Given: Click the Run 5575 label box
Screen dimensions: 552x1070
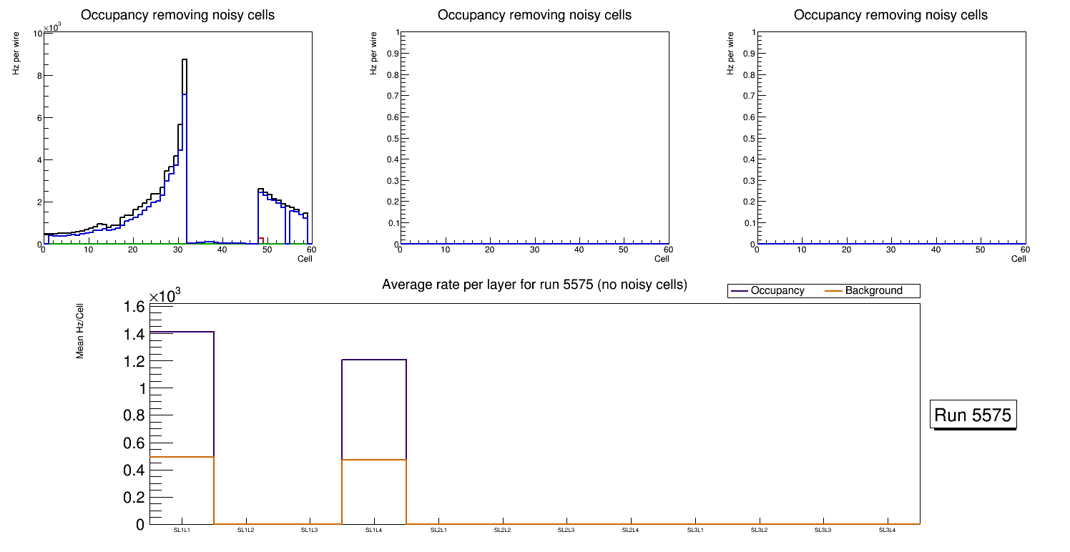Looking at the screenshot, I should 973,415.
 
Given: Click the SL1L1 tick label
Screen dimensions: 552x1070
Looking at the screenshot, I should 182,531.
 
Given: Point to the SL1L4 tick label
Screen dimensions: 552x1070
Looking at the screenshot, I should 374,531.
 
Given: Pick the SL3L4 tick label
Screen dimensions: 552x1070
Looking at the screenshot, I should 888,531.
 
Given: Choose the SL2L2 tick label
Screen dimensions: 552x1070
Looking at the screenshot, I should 503,531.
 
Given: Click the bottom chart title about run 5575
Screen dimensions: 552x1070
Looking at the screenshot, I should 534,285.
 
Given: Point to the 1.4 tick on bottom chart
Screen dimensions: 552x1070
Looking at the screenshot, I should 137,335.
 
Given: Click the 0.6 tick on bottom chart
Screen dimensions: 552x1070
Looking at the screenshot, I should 137,443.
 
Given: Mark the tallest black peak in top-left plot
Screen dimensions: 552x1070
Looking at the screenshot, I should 184,60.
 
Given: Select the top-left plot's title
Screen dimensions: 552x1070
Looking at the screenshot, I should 177,15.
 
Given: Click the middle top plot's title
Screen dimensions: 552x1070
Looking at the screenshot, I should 534,15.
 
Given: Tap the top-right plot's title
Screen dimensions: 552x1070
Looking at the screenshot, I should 890,15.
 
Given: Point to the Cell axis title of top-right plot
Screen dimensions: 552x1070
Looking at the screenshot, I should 1019,259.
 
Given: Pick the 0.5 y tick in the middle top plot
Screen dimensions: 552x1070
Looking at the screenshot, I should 390,138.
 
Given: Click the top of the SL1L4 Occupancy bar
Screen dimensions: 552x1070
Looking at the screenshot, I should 374,360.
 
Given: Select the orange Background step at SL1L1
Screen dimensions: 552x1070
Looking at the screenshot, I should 182,456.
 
